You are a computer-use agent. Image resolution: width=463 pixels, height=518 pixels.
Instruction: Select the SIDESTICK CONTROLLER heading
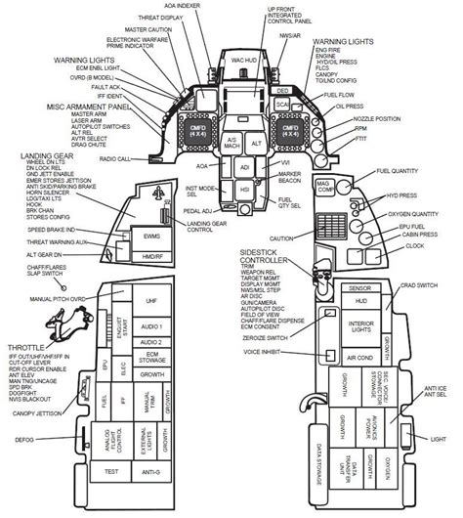[x=271, y=256]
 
